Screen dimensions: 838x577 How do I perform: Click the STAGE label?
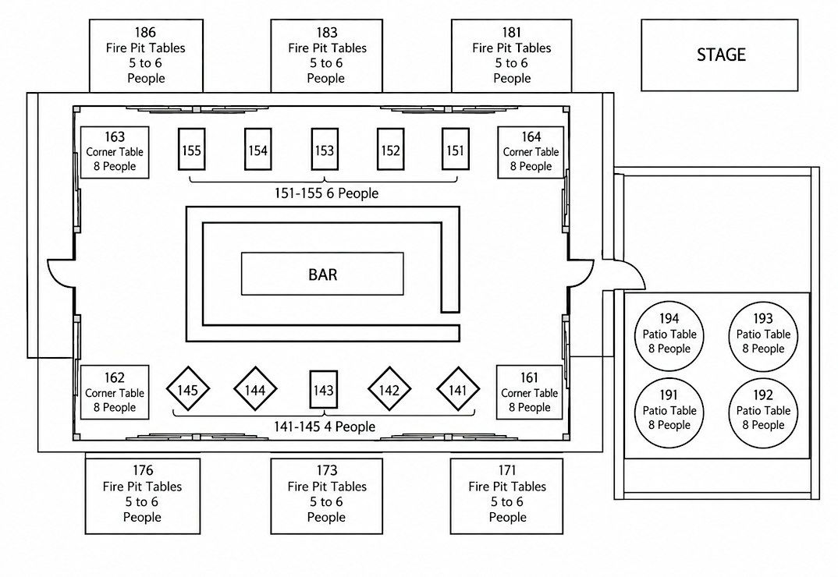(x=721, y=55)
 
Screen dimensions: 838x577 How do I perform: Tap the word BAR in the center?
(x=323, y=274)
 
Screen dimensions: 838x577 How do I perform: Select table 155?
(x=191, y=150)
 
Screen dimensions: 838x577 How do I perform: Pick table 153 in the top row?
(x=325, y=150)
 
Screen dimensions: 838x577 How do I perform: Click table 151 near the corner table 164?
(x=456, y=150)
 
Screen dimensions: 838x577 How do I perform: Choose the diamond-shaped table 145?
(x=187, y=390)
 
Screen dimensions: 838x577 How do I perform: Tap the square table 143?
(x=323, y=390)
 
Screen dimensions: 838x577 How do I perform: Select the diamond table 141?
(x=458, y=390)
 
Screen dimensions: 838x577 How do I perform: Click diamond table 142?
(x=389, y=390)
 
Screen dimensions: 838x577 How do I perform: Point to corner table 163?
(x=115, y=152)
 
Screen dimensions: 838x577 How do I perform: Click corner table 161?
(x=530, y=393)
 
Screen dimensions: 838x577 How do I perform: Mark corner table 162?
(x=115, y=393)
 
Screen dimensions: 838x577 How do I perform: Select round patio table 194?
(x=669, y=336)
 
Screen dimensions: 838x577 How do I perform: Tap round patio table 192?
(x=763, y=412)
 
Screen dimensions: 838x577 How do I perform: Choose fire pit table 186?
(x=146, y=55)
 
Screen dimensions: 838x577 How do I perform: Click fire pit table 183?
(x=327, y=55)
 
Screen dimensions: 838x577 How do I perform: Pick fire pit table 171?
(x=506, y=496)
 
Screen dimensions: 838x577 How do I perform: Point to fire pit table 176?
(x=143, y=496)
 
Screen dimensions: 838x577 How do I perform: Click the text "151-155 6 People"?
(x=327, y=193)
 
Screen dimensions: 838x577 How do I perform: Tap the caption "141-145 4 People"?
(x=325, y=427)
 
